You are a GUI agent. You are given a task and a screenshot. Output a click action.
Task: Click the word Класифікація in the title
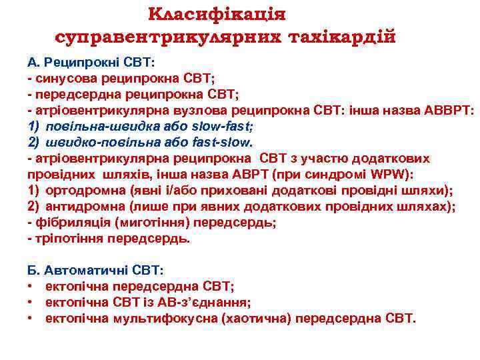click(217, 14)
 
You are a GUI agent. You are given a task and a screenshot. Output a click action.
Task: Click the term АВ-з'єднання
click(206, 303)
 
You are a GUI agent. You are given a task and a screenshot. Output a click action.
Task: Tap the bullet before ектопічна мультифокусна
click(31, 319)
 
